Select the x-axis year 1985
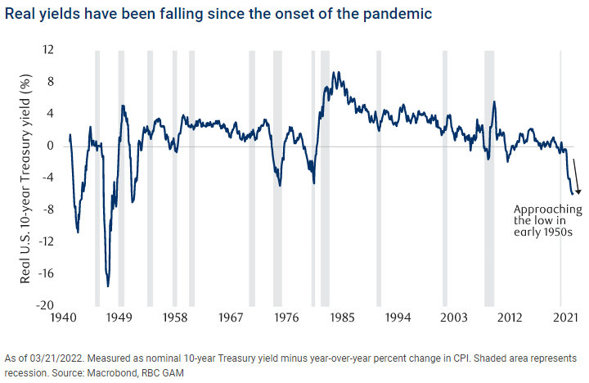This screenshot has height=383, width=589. (x=341, y=316)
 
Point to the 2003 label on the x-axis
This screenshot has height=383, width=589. (x=452, y=316)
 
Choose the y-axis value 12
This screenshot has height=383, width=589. (x=49, y=51)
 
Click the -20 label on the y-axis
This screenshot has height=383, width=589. (x=47, y=305)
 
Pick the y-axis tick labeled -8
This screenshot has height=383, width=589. (x=50, y=210)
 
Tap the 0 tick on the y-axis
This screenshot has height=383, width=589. (x=52, y=146)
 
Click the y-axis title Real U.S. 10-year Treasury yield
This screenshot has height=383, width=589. (x=26, y=178)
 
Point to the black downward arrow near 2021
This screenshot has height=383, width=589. (x=576, y=175)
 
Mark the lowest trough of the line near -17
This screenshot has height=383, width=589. (x=108, y=286)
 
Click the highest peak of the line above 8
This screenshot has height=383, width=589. (x=333, y=72)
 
